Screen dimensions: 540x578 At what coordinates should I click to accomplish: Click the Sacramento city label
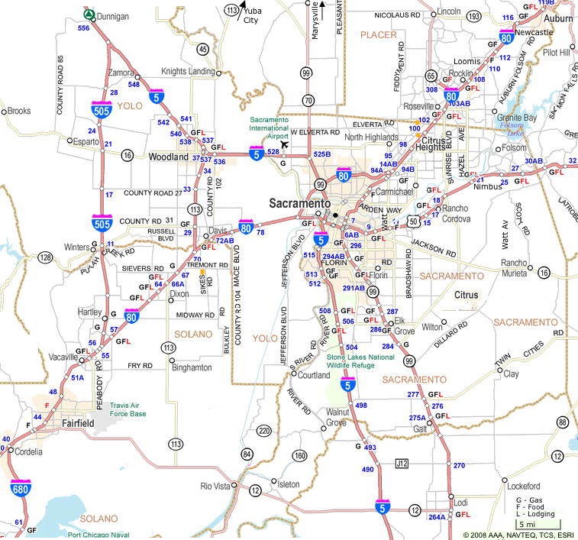299,204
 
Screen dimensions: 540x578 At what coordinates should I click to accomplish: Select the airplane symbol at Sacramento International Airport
285,144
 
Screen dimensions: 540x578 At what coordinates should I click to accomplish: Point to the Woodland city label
168,157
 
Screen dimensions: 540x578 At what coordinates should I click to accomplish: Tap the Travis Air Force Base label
128,409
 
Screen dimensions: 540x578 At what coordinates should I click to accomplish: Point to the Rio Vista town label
216,487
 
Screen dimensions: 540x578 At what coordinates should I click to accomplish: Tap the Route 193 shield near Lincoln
473,15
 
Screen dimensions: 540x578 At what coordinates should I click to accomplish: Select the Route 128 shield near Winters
46,258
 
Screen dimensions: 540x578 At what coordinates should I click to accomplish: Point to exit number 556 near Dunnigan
83,28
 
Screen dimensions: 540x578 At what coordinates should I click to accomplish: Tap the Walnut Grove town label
337,418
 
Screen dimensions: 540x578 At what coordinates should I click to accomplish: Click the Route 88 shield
563,422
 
